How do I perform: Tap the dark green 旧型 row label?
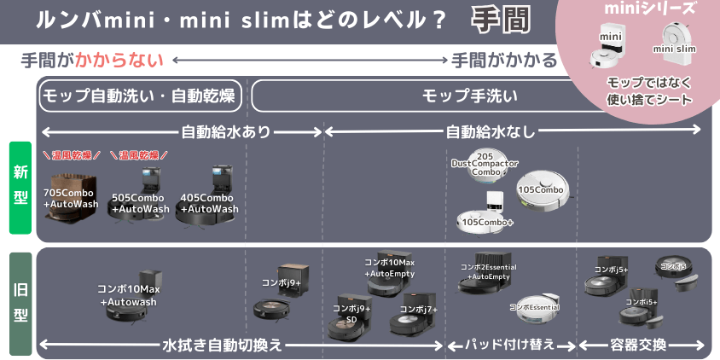point(20,304)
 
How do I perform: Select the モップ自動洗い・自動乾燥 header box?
point(141,95)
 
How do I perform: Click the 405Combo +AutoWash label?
point(209,203)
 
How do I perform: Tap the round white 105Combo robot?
point(543,190)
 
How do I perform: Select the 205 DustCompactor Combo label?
point(485,165)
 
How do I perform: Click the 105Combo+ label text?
point(488,222)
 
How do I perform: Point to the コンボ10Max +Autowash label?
point(129,295)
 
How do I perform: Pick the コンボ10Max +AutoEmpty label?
point(390,267)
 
